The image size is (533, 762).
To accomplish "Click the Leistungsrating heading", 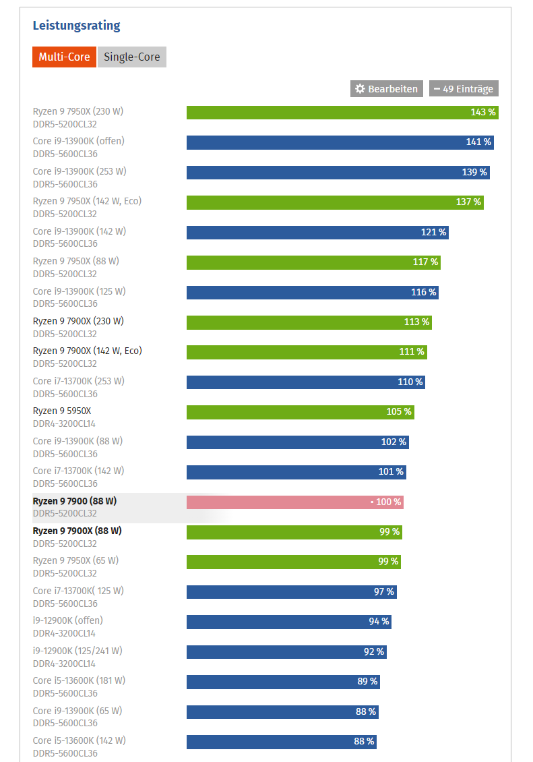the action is (x=76, y=25).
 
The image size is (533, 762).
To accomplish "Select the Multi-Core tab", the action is (x=64, y=57).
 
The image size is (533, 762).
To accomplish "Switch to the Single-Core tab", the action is (x=131, y=57).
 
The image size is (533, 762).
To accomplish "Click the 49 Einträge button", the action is (x=464, y=88).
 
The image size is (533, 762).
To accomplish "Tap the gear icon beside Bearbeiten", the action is (x=360, y=88).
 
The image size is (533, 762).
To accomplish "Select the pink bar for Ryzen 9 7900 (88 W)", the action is (x=295, y=502).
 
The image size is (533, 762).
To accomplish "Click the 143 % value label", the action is (x=483, y=112).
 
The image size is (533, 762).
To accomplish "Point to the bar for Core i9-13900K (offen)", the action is (x=340, y=142).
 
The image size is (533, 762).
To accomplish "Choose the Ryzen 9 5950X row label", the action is (x=61, y=411).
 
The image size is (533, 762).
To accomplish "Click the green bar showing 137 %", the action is (x=335, y=202).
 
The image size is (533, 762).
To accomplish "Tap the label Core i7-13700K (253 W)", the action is (x=79, y=381).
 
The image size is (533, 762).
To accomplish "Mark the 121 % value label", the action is (x=433, y=232).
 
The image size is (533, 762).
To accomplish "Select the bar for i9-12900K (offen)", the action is (x=289, y=622).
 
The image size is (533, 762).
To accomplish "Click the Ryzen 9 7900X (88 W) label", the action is (x=77, y=531).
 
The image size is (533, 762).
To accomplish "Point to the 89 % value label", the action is (x=367, y=681).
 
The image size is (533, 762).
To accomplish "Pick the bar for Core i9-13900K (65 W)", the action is (x=282, y=712).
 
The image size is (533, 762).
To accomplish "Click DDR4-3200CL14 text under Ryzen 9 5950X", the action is (x=64, y=423).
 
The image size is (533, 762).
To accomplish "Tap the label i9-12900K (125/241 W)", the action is (x=77, y=651).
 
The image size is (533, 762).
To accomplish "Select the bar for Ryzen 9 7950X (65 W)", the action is (x=294, y=562).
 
